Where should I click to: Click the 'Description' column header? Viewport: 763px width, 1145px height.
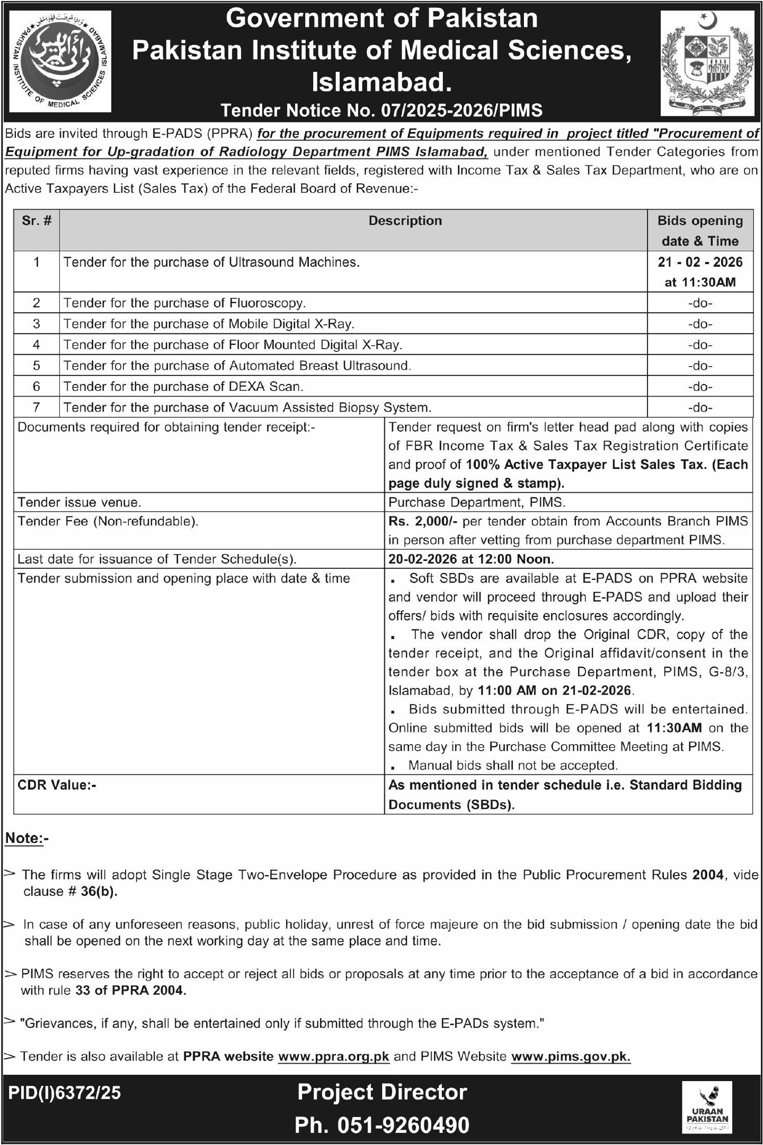coord(405,221)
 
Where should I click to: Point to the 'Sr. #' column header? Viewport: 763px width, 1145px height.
coord(36,221)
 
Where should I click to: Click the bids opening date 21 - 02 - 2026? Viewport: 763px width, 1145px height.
coord(700,262)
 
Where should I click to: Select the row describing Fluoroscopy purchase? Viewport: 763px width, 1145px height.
coord(185,303)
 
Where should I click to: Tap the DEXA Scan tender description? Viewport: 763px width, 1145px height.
coord(183,387)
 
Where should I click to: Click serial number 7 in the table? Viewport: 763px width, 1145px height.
coord(36,407)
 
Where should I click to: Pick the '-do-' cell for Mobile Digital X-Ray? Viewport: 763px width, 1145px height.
coord(700,324)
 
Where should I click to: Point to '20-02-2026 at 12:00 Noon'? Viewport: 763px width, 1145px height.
coord(471,559)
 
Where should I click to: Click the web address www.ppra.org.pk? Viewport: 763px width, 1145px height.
coord(333,1056)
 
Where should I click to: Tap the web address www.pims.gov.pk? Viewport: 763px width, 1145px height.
coord(571,1056)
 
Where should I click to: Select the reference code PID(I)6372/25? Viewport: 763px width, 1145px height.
coord(64,1092)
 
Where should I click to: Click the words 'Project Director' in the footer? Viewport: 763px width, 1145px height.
coord(382,1092)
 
